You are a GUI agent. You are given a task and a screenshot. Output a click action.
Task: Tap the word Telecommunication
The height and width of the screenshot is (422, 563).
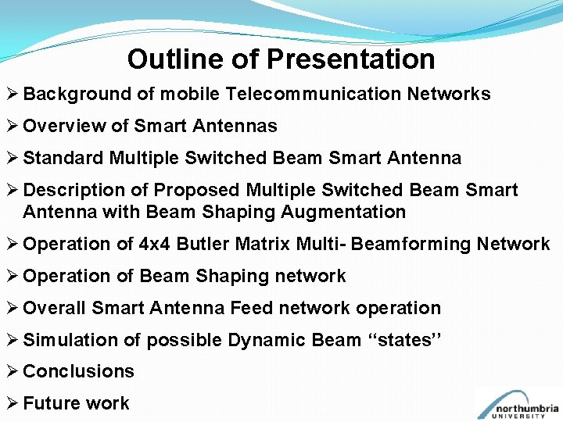(x=314, y=95)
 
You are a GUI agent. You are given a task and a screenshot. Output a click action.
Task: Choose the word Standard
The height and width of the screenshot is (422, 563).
(x=63, y=159)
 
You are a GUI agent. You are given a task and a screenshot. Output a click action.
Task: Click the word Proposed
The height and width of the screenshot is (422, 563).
(x=197, y=191)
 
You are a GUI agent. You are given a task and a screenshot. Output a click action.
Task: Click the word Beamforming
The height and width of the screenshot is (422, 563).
(x=407, y=245)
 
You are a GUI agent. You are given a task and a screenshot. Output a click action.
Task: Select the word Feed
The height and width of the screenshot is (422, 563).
(x=249, y=308)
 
